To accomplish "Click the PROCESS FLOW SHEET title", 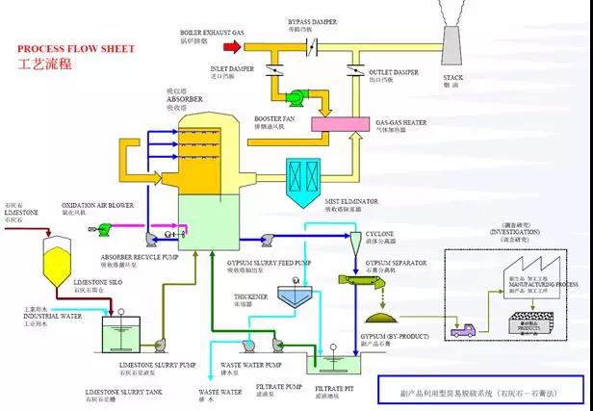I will (76, 48).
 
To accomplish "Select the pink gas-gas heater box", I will (342, 125).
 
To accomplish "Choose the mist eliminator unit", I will (310, 177).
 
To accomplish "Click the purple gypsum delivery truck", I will (462, 328).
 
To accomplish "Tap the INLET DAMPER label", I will (231, 68).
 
